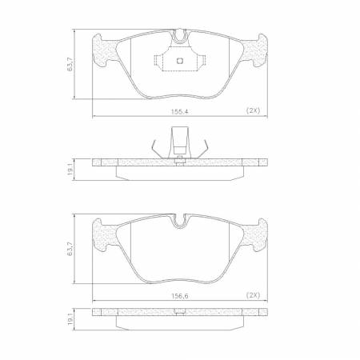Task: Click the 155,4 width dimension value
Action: (180, 111)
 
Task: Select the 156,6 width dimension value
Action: (180, 295)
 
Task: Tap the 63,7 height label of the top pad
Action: (70, 65)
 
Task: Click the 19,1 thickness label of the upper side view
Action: (70, 169)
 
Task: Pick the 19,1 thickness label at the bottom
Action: (70, 319)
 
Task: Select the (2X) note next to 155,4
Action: (254, 111)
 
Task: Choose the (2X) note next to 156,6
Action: (254, 295)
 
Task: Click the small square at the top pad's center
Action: (180, 61)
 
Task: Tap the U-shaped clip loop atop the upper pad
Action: (180, 35)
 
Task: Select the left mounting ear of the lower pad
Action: (102, 233)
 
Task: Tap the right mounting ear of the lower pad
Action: (258, 233)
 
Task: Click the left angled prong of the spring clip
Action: (153, 147)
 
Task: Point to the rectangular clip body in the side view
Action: (180, 146)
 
